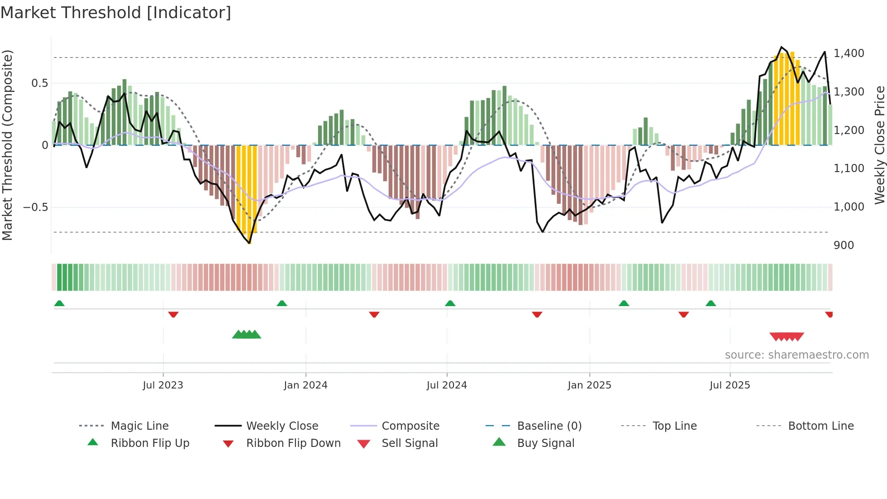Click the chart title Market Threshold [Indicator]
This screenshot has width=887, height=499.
point(116,13)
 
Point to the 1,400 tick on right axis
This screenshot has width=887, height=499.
point(849,53)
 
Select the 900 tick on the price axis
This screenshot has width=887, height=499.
point(844,245)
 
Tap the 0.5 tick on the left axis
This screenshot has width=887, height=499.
point(40,83)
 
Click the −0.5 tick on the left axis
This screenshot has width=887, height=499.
point(36,207)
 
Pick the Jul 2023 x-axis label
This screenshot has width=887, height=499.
point(163,385)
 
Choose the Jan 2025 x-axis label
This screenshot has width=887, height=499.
point(589,385)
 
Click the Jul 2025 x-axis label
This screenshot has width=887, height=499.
point(730,385)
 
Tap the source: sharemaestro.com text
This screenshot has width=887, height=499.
point(796,355)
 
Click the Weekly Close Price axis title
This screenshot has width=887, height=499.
point(879,145)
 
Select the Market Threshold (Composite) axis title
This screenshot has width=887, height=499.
point(7,145)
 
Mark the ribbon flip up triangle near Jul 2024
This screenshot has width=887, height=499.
point(450,303)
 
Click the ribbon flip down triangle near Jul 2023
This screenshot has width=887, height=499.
point(173,314)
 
